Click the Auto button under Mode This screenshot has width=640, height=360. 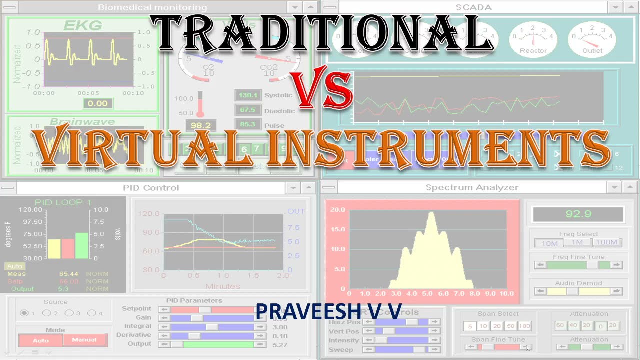(x=41, y=340)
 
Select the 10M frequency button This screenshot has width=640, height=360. (x=549, y=243)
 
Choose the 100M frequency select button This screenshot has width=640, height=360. (x=607, y=243)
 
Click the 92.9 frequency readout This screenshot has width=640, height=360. (x=578, y=214)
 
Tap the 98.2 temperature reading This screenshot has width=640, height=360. (x=200, y=125)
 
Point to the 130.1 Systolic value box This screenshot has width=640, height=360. (x=248, y=95)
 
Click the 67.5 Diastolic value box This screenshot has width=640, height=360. (x=248, y=110)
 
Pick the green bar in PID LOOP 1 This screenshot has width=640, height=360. (x=81, y=245)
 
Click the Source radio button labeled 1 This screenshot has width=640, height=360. (x=24, y=313)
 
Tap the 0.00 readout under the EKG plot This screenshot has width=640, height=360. (x=97, y=103)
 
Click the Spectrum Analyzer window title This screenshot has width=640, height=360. (x=472, y=187)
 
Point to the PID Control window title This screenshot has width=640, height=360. (x=151, y=188)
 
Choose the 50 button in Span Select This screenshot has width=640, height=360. (x=510, y=326)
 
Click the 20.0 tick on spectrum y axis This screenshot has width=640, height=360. (x=338, y=209)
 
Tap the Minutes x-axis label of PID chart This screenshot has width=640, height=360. (x=223, y=286)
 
